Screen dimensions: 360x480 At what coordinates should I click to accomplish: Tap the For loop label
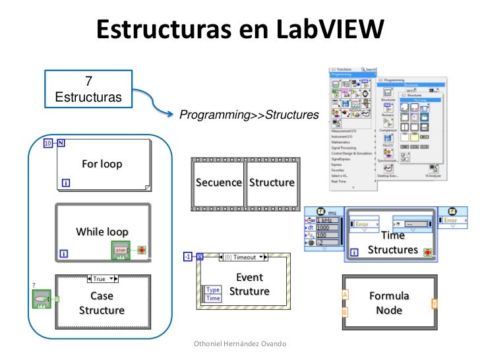102,164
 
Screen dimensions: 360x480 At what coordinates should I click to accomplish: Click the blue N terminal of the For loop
61,143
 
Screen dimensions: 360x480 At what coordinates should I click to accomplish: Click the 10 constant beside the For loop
48,143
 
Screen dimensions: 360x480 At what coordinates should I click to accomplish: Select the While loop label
102,231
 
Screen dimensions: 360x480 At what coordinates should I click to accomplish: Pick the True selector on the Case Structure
101,279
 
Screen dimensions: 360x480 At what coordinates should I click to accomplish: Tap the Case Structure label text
102,303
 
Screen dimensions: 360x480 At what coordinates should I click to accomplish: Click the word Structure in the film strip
272,183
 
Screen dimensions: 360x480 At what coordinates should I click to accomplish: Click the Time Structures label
392,243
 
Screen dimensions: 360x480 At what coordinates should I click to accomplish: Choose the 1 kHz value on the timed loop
328,220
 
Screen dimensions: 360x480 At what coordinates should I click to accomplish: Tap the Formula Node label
388,303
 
